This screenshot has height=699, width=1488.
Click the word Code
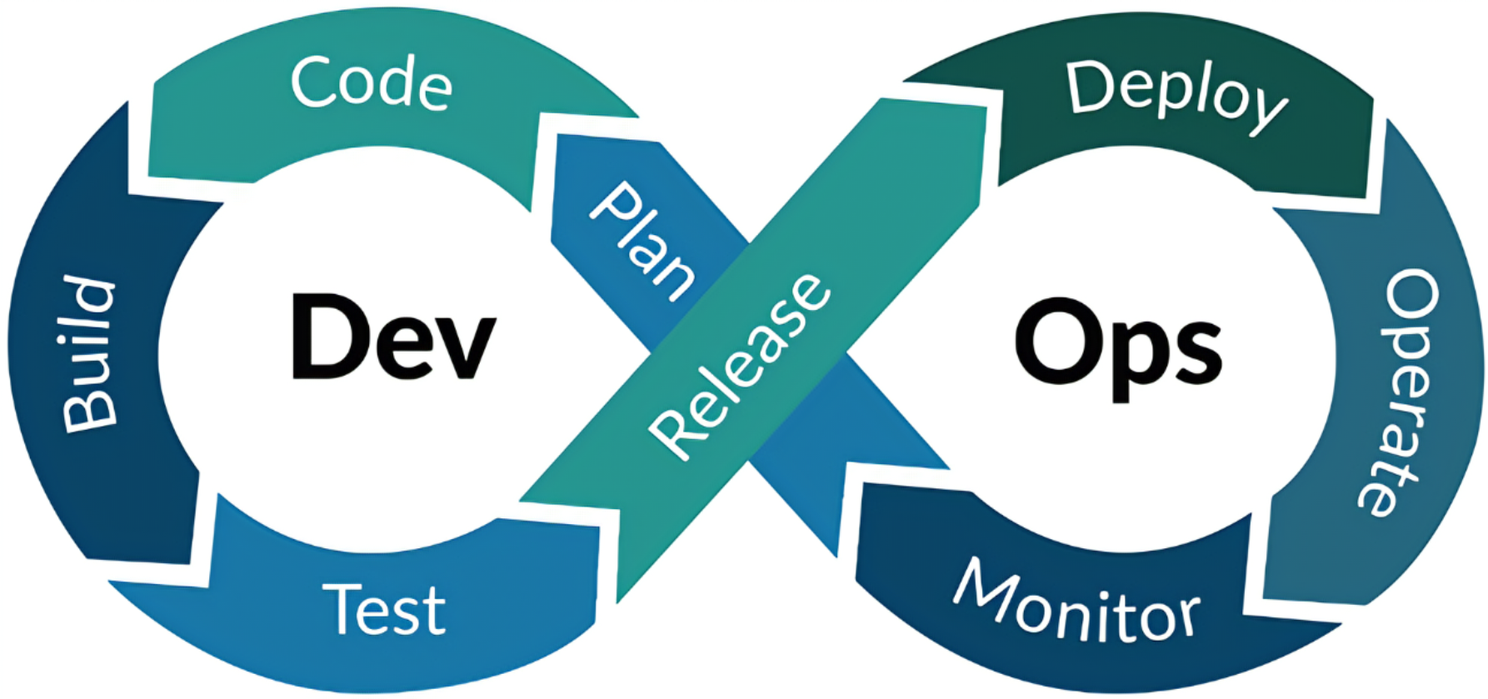[372, 82]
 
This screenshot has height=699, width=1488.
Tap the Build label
[90, 353]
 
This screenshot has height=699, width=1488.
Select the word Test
[384, 610]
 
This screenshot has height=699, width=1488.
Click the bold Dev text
[393, 338]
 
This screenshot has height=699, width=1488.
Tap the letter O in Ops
[1051, 341]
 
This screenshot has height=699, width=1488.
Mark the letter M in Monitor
[981, 584]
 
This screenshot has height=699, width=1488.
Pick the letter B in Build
[90, 412]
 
